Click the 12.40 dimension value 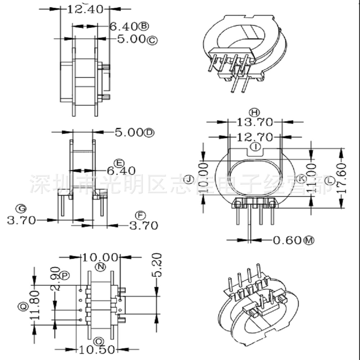pyautogui.click(x=85, y=9)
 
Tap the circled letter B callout pyautogui.click(x=144, y=26)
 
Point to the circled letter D pyautogui.click(x=149, y=133)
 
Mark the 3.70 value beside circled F pyautogui.click(x=144, y=225)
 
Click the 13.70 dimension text pyautogui.click(x=255, y=122)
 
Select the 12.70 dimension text pyautogui.click(x=255, y=137)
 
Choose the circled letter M pyautogui.click(x=309, y=240)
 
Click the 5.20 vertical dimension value pyautogui.click(x=158, y=265)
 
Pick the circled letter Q pyautogui.click(x=23, y=307)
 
